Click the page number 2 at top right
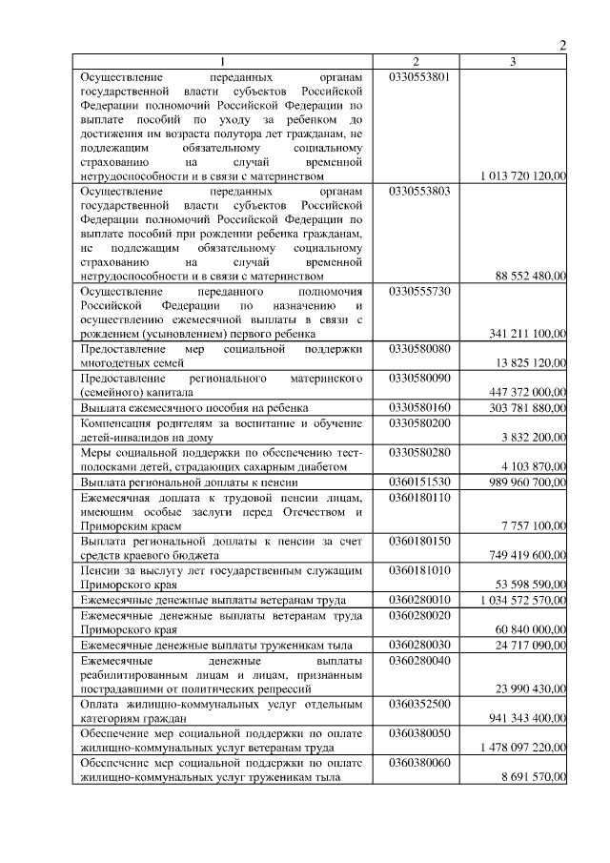[562, 45]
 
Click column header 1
[224, 62]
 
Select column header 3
[513, 62]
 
